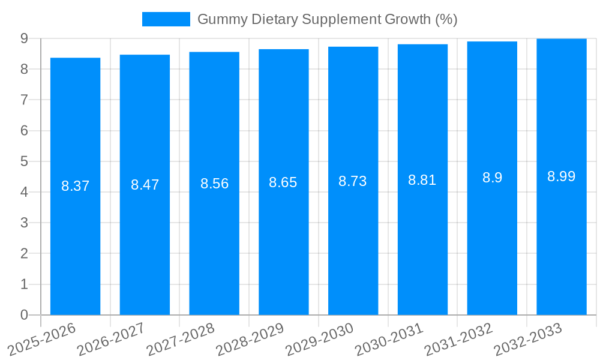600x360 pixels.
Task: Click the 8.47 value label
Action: (145, 185)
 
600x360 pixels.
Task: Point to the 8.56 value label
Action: (214, 184)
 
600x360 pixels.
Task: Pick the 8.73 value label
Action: (353, 181)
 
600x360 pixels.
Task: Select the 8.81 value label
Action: (422, 180)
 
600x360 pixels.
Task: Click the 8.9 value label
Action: (492, 178)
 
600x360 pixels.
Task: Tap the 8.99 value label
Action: (561, 176)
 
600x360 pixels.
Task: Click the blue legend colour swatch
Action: (166, 19)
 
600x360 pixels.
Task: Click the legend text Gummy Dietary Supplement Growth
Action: (327, 19)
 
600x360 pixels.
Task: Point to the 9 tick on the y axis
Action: (24, 38)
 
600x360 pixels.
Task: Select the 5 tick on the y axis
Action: (24, 161)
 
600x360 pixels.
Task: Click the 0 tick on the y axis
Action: (24, 315)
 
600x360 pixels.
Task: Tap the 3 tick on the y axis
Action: (24, 223)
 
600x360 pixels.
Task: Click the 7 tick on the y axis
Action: (24, 100)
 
